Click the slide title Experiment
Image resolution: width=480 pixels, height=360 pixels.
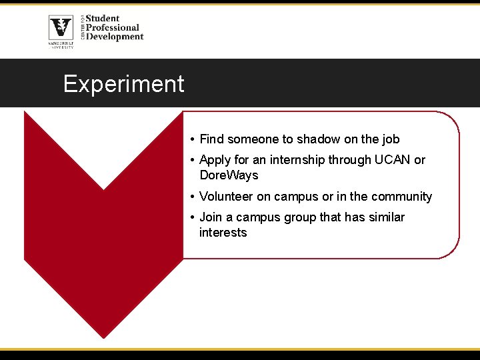coord(123,84)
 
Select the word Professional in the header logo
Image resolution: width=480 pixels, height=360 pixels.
coord(113,27)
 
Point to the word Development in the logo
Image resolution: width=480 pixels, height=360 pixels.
coord(115,37)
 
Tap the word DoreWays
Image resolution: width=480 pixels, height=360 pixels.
coord(229,175)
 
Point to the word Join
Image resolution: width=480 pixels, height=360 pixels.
coord(211,217)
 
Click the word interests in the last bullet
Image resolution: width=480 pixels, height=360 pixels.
coord(223,233)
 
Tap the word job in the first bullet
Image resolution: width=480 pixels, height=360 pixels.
coord(391,139)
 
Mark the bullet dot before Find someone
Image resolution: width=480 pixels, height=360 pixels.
coord(191,139)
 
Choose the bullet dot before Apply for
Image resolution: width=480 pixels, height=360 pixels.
coord(191,160)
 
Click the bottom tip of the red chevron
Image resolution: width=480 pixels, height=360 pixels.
coord(103,337)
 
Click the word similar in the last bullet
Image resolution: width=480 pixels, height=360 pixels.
coord(384,217)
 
